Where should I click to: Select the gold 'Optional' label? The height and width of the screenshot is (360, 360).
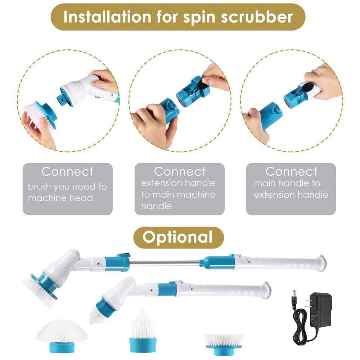point(178,238)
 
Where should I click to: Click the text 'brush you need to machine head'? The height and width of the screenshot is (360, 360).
point(67,192)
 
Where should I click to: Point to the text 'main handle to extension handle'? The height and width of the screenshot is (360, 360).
point(291,189)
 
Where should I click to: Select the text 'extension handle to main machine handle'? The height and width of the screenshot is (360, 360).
point(178,194)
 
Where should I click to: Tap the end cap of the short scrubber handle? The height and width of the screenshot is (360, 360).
point(266,290)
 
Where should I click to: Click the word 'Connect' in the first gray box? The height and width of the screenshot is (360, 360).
point(67,172)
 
